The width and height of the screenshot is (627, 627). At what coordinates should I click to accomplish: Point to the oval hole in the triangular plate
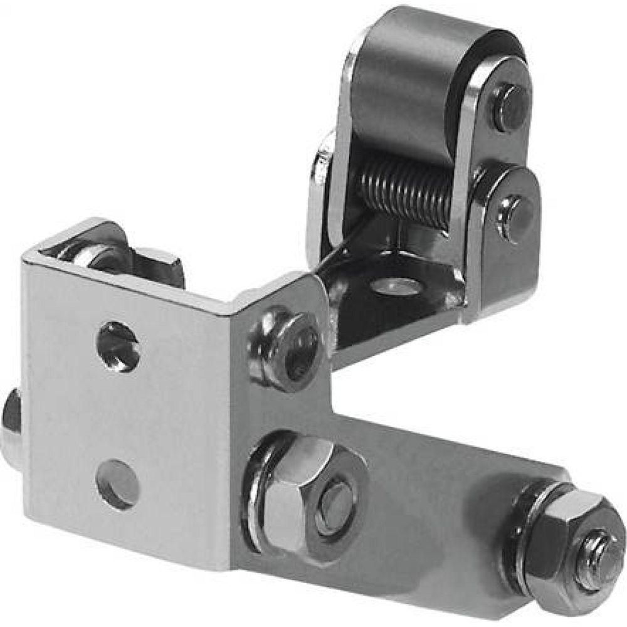pos(395,287)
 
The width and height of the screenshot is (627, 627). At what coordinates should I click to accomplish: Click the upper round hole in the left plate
pos(118,345)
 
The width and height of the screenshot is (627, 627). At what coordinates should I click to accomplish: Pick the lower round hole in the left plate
pos(117,483)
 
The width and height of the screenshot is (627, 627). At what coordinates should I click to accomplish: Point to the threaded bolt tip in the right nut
pos(596,552)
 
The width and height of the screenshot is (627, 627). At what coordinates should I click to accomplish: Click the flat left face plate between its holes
pos(119,414)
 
